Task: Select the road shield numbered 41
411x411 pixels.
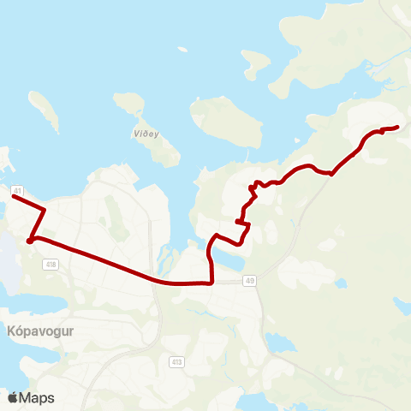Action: [x=17, y=189]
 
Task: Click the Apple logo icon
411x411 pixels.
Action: [x=13, y=397]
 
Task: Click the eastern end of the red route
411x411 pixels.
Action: [x=398, y=128]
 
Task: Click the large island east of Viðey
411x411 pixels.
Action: [x=227, y=124]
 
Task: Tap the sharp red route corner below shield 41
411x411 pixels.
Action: [x=30, y=241]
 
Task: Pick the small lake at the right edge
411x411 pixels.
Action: [x=403, y=303]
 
